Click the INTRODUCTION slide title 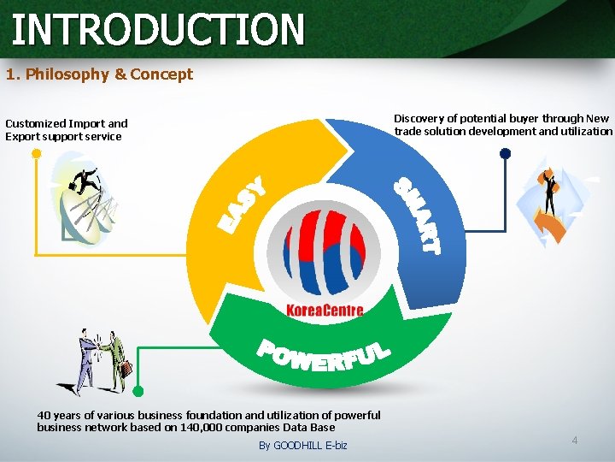158,28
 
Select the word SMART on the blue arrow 418,215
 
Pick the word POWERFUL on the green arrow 324,356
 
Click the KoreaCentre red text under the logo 324,311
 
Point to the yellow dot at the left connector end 36,154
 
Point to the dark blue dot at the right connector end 505,154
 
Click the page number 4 574,441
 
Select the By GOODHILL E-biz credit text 302,446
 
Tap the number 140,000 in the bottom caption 201,427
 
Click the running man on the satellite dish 85,181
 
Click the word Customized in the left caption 36,124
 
